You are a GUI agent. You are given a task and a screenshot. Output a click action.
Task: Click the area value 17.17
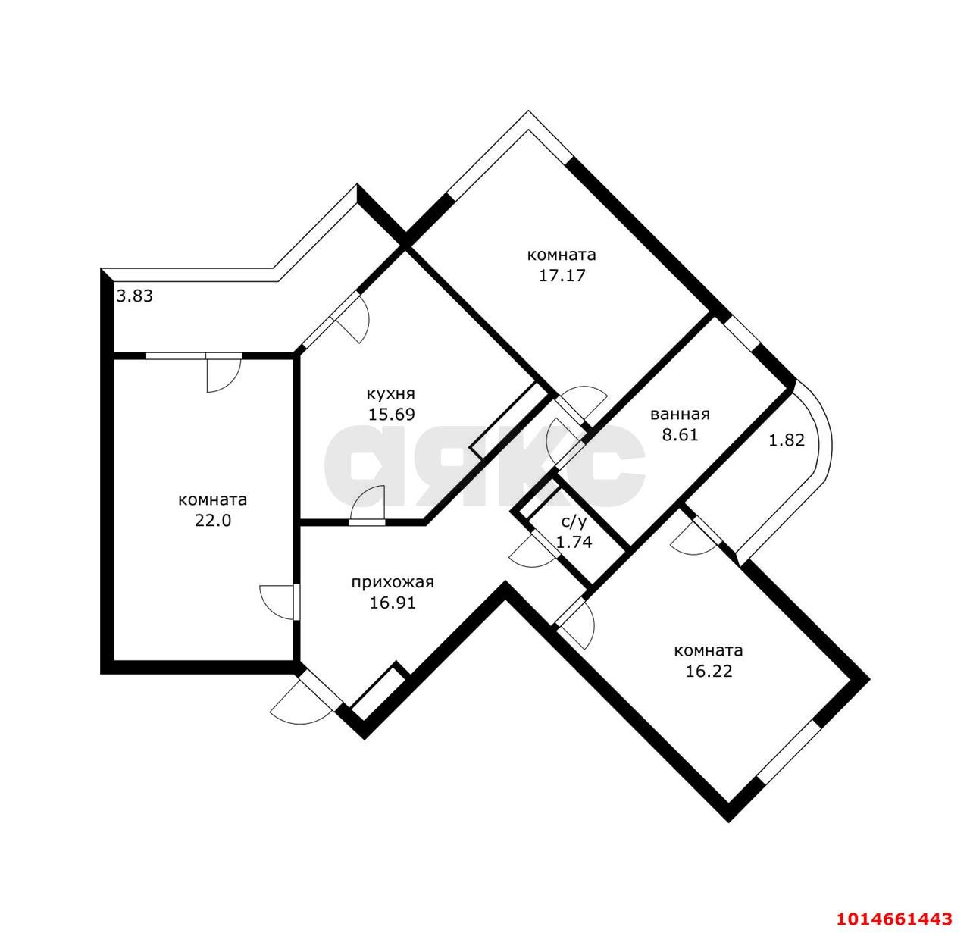click(x=562, y=276)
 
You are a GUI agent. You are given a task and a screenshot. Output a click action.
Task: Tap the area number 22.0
click(x=213, y=521)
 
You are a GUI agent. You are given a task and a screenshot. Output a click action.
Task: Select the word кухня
click(x=391, y=394)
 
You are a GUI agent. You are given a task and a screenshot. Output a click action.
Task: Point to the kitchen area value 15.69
click(x=391, y=415)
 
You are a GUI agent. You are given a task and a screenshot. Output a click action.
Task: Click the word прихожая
click(x=393, y=582)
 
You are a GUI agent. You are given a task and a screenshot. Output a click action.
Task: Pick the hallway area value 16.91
click(x=393, y=603)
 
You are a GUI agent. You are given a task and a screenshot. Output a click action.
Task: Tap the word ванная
click(x=680, y=414)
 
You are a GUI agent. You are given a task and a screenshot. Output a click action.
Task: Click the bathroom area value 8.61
click(x=680, y=435)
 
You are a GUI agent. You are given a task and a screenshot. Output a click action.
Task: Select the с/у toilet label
click(x=574, y=521)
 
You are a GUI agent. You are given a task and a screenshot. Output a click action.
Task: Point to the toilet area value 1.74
click(x=574, y=542)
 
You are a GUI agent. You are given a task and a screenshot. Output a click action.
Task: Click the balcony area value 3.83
click(x=135, y=296)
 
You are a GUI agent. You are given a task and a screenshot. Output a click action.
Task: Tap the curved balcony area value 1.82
click(x=787, y=440)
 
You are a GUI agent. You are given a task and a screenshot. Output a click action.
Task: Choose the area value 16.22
click(x=709, y=672)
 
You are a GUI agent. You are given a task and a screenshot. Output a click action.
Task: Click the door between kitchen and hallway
click(x=368, y=505)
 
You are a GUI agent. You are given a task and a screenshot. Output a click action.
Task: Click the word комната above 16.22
click(x=709, y=650)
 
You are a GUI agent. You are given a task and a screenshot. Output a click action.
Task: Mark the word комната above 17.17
click(x=562, y=255)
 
